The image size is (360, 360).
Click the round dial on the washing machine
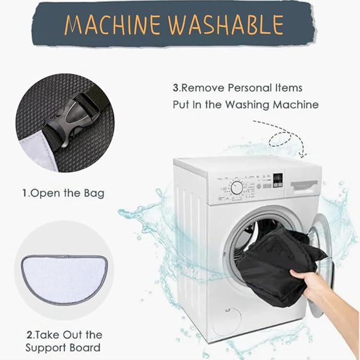point(236,188)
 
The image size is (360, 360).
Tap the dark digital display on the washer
point(278,180)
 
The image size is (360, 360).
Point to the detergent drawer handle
point(304,185)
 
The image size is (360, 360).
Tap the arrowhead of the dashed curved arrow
point(303,155)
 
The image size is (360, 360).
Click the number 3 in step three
point(175,88)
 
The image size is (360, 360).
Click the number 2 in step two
point(30,335)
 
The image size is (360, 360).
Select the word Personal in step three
point(249,88)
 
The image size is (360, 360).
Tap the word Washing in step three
point(247,105)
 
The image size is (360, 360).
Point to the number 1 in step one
point(24,194)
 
